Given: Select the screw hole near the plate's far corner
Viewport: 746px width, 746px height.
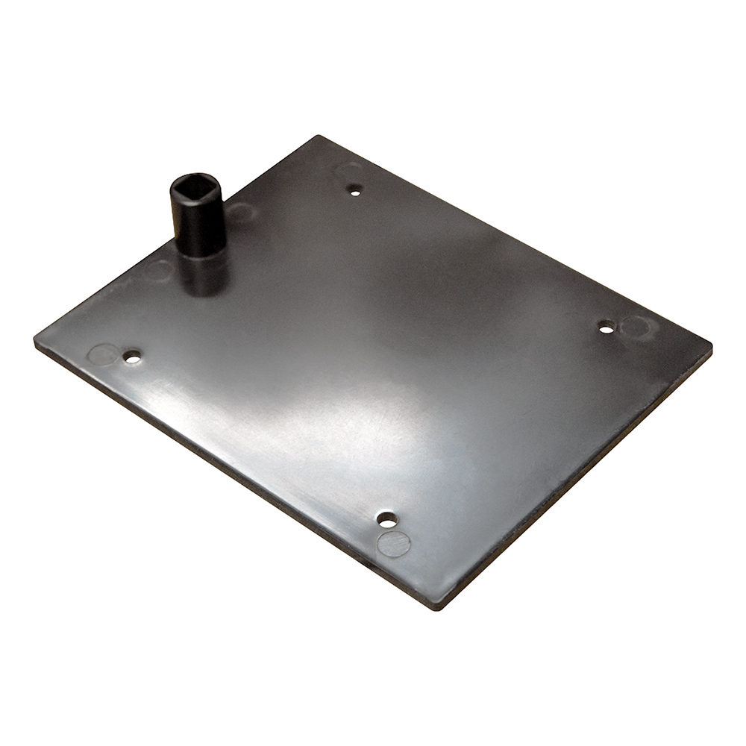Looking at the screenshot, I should point(355,190).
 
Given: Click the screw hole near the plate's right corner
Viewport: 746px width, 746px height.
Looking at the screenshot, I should point(606,327).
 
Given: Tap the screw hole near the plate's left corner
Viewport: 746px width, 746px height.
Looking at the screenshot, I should point(133,357).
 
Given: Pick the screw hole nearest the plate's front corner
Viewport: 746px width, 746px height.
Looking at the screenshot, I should point(386,518).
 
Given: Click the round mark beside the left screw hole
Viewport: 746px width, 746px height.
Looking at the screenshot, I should point(103,354).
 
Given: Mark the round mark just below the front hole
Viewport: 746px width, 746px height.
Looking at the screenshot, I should point(393,544).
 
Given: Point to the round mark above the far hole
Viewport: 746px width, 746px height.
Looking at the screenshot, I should point(348,171).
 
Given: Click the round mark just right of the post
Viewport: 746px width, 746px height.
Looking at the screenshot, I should point(240,213).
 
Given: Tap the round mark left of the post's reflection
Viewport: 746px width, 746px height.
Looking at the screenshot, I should point(158,270).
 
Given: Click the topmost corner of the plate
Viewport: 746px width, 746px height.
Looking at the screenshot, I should point(319,137).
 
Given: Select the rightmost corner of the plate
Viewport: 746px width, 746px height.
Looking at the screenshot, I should point(709,348).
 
